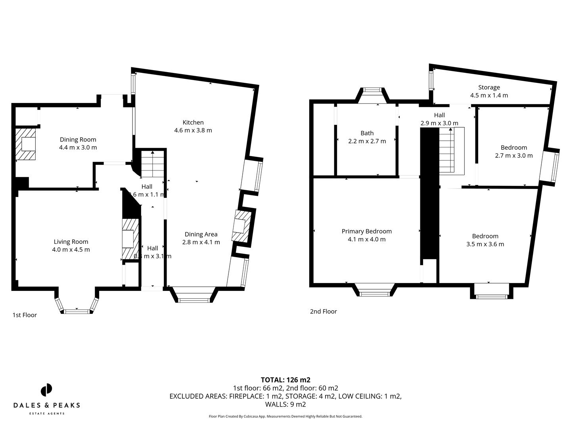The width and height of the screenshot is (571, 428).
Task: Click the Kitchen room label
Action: click(x=193, y=122)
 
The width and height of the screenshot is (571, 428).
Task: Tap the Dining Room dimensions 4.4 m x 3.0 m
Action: click(x=78, y=147)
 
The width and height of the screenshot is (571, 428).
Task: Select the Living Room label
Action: click(x=71, y=242)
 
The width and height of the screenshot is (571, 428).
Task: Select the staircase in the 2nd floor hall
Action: click(x=451, y=151)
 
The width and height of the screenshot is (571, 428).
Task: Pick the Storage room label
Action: click(x=489, y=87)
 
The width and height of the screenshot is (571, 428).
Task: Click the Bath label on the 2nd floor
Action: click(x=367, y=133)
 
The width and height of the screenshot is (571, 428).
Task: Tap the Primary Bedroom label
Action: click(x=367, y=231)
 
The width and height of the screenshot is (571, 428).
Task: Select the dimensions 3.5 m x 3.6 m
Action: click(x=485, y=244)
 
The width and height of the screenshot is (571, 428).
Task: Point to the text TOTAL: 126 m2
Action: click(x=285, y=380)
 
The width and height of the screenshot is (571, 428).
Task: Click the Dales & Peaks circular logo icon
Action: click(x=46, y=390)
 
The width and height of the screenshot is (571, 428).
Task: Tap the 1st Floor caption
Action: click(x=25, y=315)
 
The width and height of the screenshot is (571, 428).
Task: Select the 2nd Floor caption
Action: click(x=324, y=311)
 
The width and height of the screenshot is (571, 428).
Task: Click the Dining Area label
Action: click(x=201, y=234)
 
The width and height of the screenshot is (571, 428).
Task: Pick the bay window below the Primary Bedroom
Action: click(x=375, y=291)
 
